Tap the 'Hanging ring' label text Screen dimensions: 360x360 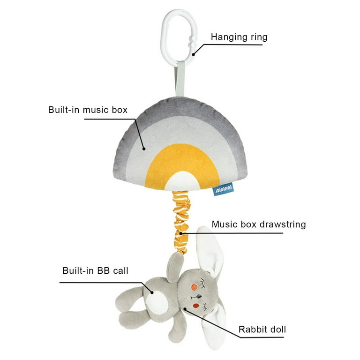pyautogui.click(x=239, y=37)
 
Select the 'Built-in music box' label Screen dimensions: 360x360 pyautogui.click(x=88, y=110)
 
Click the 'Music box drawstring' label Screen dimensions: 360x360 pyautogui.click(x=259, y=225)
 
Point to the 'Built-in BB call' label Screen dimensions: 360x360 pyautogui.click(x=95, y=270)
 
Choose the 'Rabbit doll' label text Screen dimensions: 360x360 pyautogui.click(x=262, y=330)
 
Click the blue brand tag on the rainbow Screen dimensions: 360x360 pyautogui.click(x=223, y=189)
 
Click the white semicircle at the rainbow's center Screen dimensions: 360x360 pyautogui.click(x=183, y=181)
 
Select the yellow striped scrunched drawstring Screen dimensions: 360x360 pyautogui.click(x=181, y=223)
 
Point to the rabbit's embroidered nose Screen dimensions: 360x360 pyautogui.click(x=196, y=297)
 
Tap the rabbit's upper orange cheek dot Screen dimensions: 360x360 pyautogui.click(x=195, y=287)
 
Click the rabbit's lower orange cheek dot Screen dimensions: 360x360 pyautogui.click(x=196, y=306)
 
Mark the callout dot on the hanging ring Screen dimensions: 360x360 pyautogui.click(x=193, y=55)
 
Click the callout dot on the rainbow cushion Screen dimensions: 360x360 pyautogui.click(x=144, y=149)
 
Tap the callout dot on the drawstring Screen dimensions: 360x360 pyautogui.click(x=180, y=233)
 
